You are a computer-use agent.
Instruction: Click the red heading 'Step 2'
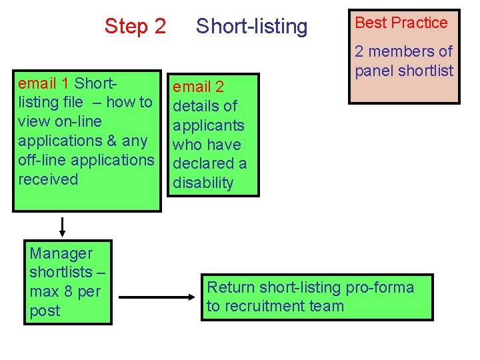(135, 27)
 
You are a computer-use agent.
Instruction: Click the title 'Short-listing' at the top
(251, 27)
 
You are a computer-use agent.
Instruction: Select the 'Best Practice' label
(401, 23)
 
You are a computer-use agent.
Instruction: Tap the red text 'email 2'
(199, 87)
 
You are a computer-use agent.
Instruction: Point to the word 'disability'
(203, 183)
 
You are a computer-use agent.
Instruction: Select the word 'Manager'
(61, 253)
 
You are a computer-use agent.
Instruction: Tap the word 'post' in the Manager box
(45, 311)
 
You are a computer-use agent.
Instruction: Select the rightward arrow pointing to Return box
(159, 297)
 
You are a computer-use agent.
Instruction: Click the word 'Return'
(231, 287)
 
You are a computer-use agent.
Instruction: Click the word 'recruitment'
(267, 307)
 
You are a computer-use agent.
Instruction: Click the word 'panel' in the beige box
(374, 71)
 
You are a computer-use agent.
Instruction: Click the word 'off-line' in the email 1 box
(42, 160)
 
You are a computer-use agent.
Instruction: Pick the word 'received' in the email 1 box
(48, 179)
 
